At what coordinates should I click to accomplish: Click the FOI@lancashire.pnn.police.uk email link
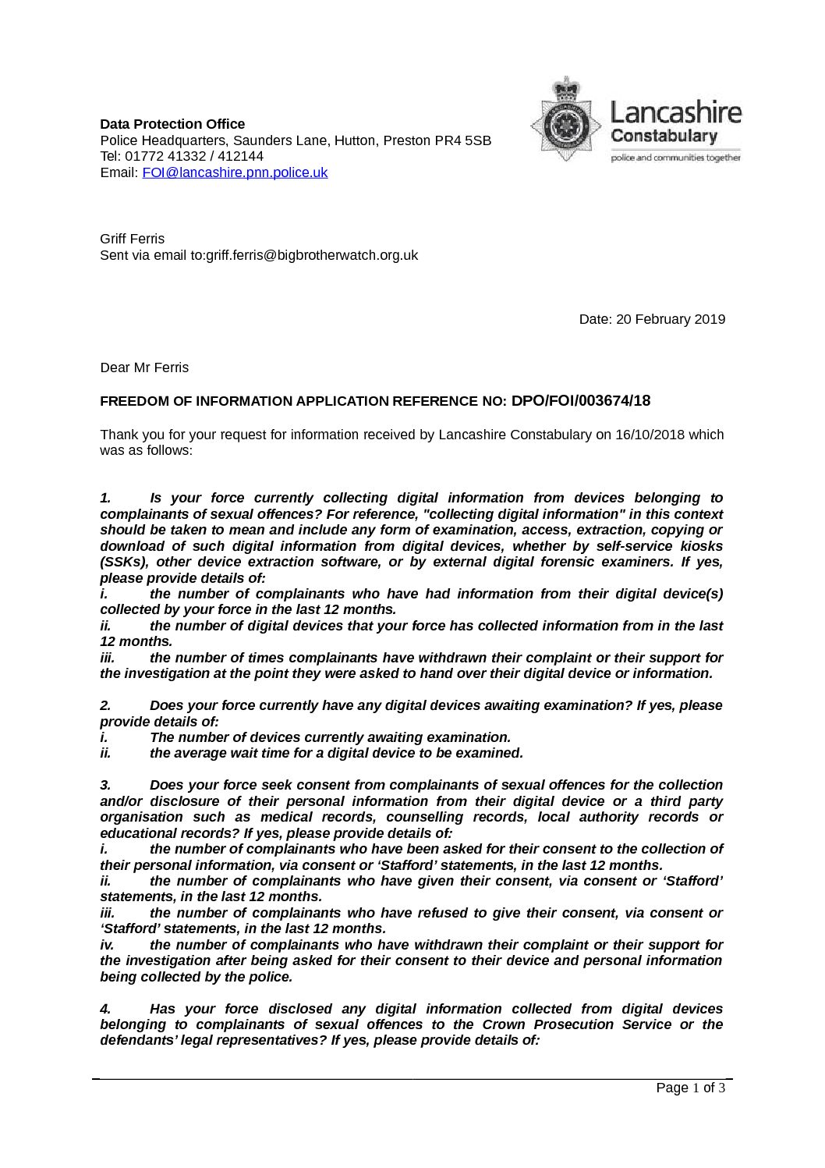click(235, 172)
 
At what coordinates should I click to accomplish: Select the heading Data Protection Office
click(172, 124)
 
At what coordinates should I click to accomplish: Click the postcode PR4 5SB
click(462, 140)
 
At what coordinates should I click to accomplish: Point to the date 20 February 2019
click(671, 319)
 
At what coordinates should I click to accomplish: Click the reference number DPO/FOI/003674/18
click(580, 401)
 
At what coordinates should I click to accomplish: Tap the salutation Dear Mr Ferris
click(144, 367)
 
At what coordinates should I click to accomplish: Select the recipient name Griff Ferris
click(133, 239)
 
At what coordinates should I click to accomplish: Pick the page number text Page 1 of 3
click(691, 1088)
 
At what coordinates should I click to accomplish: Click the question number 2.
click(105, 705)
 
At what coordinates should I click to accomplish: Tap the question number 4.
click(105, 1009)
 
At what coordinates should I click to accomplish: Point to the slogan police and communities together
click(675, 158)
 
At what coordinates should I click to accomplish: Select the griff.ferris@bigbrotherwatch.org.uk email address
click(312, 255)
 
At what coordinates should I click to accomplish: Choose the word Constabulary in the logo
click(663, 137)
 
